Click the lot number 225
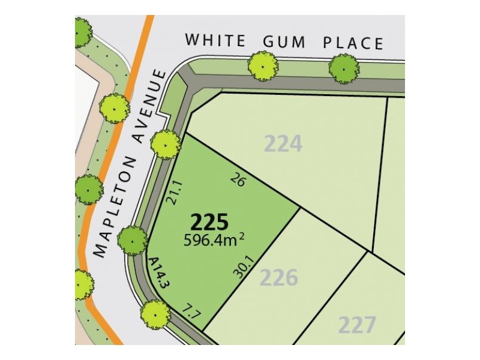[x=209, y=223]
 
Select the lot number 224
[x=283, y=144]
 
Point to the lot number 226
[x=279, y=278]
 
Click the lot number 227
[x=358, y=325]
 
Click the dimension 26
[x=238, y=179]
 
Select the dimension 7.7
[x=191, y=311]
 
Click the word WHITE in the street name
[x=215, y=41]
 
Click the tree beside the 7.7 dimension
[x=155, y=313]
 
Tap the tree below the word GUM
[x=262, y=65]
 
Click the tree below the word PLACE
[x=344, y=68]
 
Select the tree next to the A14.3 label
[x=132, y=241]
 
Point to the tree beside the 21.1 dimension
[x=164, y=144]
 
